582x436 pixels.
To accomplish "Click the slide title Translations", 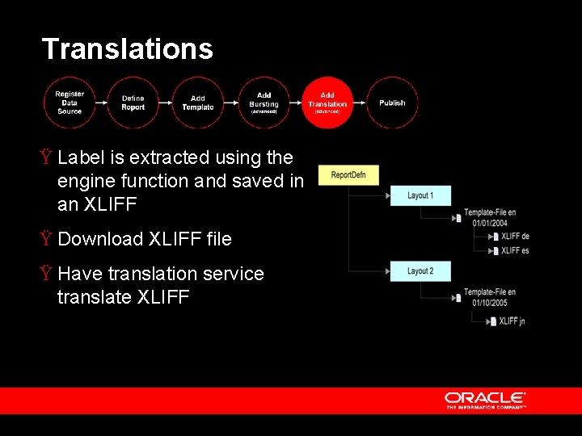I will point(127,49).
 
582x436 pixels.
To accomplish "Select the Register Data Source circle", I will point(70,103).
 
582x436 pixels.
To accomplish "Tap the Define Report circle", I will point(133,103).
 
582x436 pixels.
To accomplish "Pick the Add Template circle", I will point(198,103).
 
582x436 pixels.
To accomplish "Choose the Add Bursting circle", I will point(264,103).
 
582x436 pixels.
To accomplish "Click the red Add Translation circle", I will point(327,103).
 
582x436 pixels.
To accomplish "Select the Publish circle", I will point(392,103).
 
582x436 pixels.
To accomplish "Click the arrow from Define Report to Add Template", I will point(166,103).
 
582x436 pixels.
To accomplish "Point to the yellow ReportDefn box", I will point(348,174).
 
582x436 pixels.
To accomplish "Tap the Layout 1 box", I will point(420,195).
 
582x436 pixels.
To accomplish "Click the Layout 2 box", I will point(420,271).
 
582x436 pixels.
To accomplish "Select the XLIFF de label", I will point(514,237).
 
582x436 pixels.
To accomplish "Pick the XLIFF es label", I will point(514,251).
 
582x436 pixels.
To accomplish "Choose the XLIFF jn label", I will point(512,321).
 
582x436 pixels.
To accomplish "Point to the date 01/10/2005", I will point(491,303).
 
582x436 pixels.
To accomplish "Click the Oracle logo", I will point(485,399).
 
